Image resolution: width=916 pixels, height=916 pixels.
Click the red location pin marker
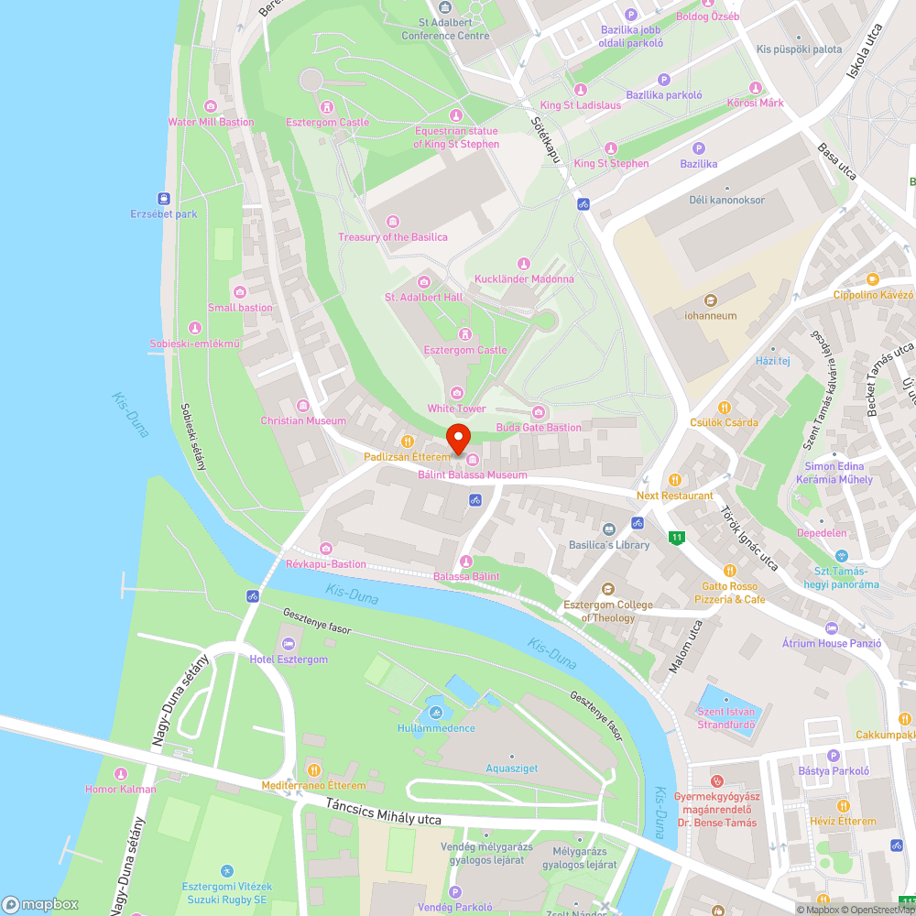[457, 437]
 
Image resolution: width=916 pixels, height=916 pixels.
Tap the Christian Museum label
[303, 420]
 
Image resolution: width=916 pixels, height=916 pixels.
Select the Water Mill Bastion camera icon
[211, 106]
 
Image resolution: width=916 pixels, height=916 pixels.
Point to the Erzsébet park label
[164, 214]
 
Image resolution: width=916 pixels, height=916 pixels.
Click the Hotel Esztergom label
[289, 660]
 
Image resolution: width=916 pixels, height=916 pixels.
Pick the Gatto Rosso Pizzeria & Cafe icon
[730, 570]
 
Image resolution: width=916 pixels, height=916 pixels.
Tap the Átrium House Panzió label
[832, 643]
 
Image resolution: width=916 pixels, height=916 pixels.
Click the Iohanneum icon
[710, 300]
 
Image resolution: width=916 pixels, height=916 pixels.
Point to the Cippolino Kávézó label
[873, 295]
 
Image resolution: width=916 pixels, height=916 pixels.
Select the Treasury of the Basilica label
[393, 237]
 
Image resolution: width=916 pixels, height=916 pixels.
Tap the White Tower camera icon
[457, 393]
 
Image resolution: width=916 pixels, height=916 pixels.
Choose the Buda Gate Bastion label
[539, 427]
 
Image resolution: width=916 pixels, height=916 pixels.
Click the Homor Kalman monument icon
[120, 774]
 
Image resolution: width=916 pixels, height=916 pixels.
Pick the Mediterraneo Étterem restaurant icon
[313, 769]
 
